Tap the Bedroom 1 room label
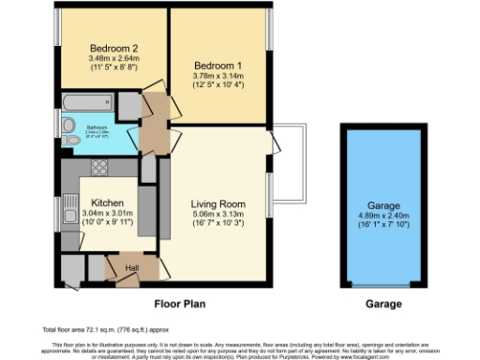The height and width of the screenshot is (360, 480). pos(217,66)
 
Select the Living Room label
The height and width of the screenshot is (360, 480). pos(217,203)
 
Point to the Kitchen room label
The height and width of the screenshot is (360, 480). pos(109,202)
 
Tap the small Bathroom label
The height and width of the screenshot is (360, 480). pos(97,128)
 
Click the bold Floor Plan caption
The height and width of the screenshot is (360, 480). pos(179,304)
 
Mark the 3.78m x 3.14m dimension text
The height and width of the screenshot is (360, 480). pos(217,77)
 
